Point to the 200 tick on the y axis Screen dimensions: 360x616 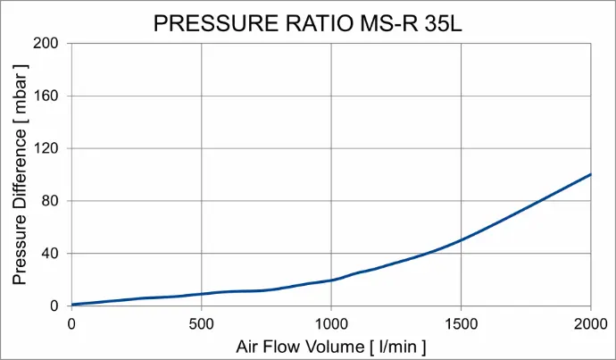46,44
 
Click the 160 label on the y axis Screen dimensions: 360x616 46,96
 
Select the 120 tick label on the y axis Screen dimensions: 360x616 46,148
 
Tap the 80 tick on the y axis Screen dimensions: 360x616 50,201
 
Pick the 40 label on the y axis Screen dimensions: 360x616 50,254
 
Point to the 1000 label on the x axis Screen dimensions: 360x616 331,323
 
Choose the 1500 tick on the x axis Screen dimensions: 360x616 461,323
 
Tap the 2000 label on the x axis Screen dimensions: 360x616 590,323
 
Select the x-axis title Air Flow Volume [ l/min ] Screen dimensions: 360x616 331,345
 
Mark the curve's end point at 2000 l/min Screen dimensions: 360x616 591,174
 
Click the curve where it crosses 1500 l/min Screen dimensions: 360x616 461,239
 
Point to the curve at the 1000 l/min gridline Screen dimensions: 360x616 331,280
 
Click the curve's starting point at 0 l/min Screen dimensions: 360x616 71,305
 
